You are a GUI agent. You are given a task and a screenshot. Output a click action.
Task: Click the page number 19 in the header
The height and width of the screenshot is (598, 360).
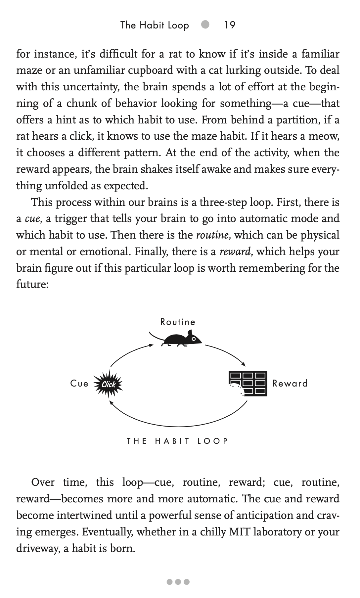tap(230, 25)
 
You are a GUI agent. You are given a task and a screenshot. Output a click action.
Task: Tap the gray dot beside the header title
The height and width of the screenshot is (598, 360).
tap(206, 24)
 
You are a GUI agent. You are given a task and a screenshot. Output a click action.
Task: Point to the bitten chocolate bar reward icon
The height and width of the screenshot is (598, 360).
tap(248, 384)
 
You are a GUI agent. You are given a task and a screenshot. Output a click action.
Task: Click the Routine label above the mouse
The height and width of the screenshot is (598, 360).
tap(178, 322)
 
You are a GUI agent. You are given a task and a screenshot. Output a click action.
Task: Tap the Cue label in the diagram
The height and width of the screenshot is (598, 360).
tap(79, 384)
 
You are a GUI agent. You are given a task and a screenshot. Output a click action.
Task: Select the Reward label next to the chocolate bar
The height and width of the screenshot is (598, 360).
tap(290, 383)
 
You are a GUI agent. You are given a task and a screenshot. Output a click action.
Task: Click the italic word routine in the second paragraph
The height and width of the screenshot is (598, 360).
tap(213, 235)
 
